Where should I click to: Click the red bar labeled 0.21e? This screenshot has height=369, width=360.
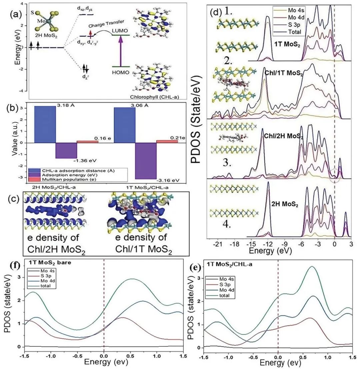coord(167,141)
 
